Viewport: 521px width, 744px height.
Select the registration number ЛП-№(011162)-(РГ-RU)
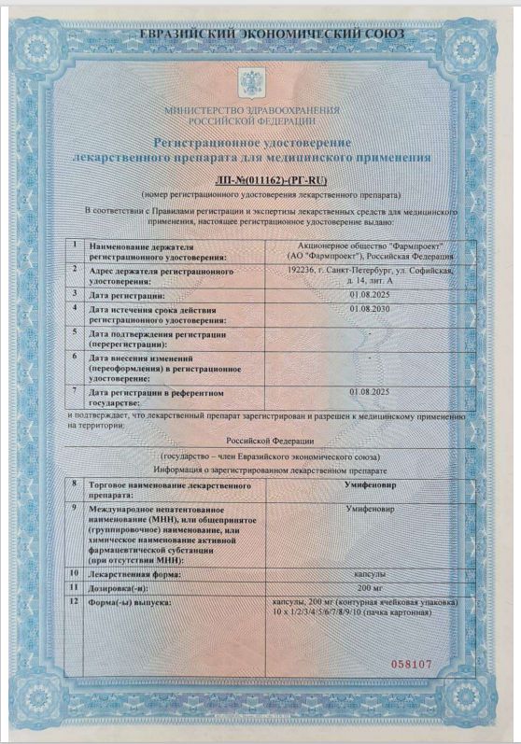click(271, 179)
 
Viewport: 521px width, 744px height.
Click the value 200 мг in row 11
click(371, 588)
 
